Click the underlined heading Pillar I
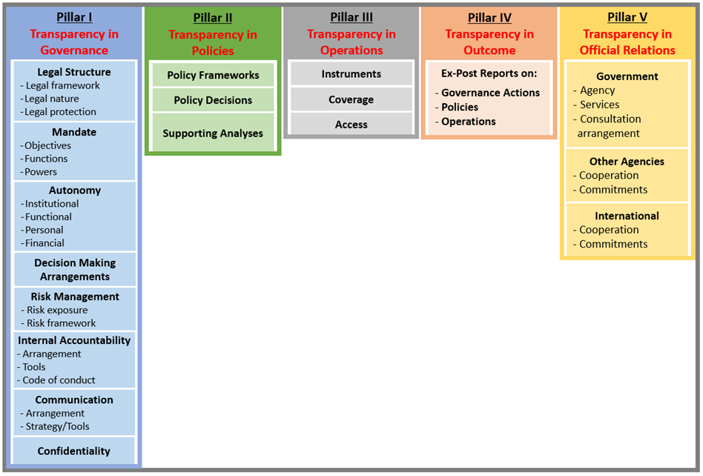point(74,18)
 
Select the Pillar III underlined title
point(351,18)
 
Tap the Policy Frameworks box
point(213,75)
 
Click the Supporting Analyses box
point(213,133)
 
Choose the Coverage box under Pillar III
point(351,99)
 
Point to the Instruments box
point(351,73)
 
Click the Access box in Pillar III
point(351,124)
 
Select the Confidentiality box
point(74,451)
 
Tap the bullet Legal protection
point(58,112)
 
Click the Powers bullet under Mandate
point(38,172)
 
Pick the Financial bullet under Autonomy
point(42,243)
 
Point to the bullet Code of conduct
point(56,380)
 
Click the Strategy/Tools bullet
point(55,426)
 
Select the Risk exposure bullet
point(54,310)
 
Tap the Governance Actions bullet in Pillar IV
point(487,93)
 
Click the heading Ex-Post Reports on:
point(489,73)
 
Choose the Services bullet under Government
point(596,105)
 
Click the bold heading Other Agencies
point(627,162)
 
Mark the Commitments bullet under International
point(610,244)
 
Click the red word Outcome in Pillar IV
point(489,50)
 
